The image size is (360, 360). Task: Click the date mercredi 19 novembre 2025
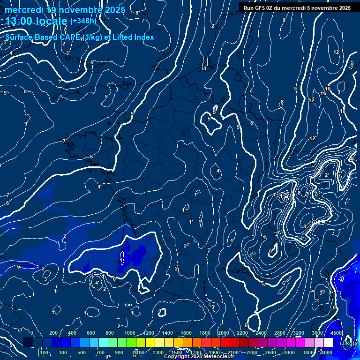pyautogui.click(x=65, y=10)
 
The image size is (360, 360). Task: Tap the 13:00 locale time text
pyautogui.click(x=36, y=21)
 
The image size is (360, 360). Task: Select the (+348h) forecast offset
pyautogui.click(x=83, y=21)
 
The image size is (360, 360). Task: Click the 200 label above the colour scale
pyautogui.click(x=53, y=333)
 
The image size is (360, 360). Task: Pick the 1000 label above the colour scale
pyautogui.click(x=129, y=333)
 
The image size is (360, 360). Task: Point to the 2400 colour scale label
pyautogui.click(x=261, y=333)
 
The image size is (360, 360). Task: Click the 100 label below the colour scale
pyautogui.click(x=44, y=352)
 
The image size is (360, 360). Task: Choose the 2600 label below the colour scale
pyautogui.click(x=270, y=352)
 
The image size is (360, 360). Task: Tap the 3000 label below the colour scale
pyautogui.click(x=289, y=352)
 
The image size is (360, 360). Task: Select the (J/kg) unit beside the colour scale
pyautogui.click(x=347, y=343)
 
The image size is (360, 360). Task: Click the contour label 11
pyautogui.click(x=323, y=94)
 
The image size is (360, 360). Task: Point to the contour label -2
pyautogui.click(x=341, y=279)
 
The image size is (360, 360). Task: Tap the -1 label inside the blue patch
pyautogui.click(x=120, y=260)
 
